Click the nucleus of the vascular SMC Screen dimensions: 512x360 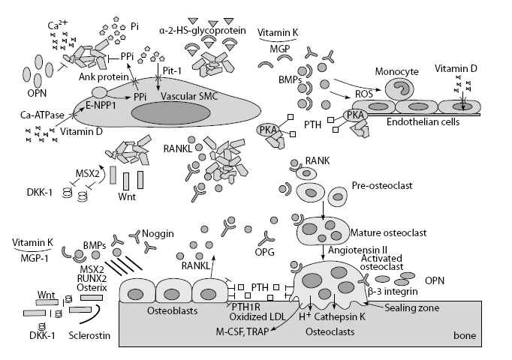(170, 113)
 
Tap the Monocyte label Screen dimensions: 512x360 (396, 71)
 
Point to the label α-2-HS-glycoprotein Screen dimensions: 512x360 (203, 31)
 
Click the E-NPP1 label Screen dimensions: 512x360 (101, 105)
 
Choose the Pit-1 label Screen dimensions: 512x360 (172, 70)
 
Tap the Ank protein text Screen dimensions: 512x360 (104, 77)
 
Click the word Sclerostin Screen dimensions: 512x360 (89, 335)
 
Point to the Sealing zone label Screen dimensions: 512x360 (411, 307)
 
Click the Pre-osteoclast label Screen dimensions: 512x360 (382, 185)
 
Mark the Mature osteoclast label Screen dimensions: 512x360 (388, 233)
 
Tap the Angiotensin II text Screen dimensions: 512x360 (357, 250)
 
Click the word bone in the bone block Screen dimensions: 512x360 (465, 335)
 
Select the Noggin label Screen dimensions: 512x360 (158, 234)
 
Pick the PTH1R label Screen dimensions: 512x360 (246, 307)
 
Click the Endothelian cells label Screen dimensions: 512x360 (423, 122)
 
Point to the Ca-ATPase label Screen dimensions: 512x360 (42, 115)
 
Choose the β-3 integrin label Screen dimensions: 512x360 (393, 291)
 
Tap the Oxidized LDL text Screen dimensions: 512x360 (258, 316)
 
